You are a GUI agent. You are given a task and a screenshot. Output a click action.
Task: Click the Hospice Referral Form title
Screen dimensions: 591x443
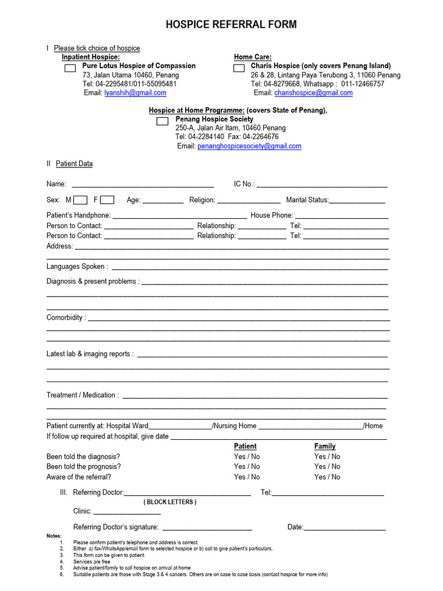tap(231, 24)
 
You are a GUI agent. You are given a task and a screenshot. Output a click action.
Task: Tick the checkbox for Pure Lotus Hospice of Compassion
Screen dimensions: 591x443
tap(70, 69)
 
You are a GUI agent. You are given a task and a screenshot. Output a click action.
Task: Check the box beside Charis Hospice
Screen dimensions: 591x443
tap(238, 69)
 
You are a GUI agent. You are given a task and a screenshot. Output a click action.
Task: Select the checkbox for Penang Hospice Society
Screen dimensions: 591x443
tap(162, 121)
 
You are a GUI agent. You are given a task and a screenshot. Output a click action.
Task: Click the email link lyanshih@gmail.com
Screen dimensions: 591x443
tap(135, 93)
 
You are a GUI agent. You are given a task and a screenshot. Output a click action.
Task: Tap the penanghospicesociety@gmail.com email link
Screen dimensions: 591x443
tap(249, 147)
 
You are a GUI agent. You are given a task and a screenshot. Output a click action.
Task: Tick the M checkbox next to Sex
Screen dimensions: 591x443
tap(80, 200)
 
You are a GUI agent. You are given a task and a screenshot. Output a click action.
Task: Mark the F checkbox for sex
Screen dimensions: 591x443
tap(107, 200)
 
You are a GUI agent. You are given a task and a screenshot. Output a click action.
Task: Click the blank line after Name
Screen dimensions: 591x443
tap(142, 185)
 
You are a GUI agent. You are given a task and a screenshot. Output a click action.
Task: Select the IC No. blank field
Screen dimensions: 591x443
tap(322, 185)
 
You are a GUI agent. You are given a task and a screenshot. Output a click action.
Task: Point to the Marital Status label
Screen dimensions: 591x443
tap(307, 200)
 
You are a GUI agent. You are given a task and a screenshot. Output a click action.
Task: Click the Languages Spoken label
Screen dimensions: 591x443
tap(77, 267)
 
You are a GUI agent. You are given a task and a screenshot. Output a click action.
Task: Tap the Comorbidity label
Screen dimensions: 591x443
tap(66, 317)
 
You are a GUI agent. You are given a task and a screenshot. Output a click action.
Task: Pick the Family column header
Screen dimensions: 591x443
tap(325, 446)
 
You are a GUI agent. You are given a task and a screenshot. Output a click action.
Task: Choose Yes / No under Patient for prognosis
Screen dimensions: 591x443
tap(247, 466)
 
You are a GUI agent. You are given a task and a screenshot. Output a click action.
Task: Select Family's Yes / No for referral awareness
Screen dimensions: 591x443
tap(327, 477)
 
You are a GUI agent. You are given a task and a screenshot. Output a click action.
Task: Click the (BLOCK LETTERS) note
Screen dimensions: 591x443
tap(170, 502)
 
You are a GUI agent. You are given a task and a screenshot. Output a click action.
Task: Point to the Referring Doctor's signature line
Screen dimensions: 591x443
tap(208, 528)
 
